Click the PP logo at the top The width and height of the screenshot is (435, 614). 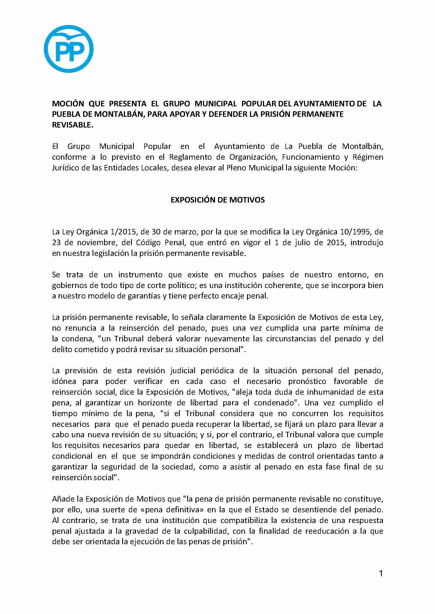69,49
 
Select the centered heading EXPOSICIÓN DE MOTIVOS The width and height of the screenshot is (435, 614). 218,200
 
